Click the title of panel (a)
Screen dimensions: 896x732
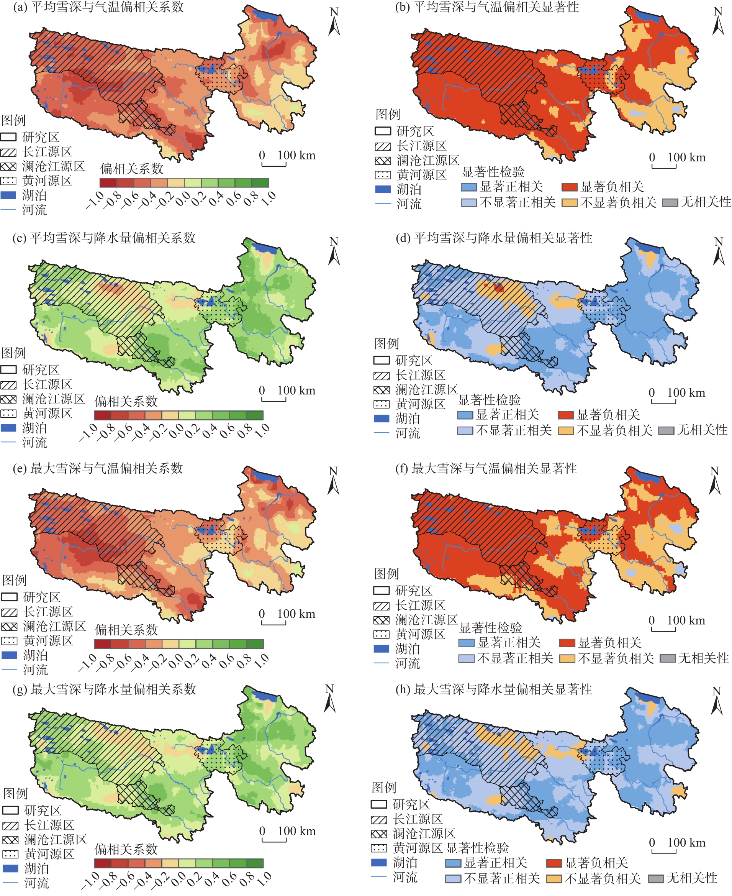[98, 7]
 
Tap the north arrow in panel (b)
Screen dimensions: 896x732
[718, 21]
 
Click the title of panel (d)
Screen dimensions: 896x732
[494, 238]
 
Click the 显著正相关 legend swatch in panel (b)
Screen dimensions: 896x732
[468, 187]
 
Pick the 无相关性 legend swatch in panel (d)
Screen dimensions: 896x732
[666, 431]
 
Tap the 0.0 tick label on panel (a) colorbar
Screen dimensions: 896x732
[183, 199]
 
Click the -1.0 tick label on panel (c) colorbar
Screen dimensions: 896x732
[88, 432]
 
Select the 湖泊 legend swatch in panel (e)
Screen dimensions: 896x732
[9, 655]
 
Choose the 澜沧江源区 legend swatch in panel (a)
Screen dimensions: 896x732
[8, 166]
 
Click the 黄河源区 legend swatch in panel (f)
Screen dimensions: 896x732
[381, 634]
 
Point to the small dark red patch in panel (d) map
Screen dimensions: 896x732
[499, 287]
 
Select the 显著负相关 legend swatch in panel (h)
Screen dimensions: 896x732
[554, 863]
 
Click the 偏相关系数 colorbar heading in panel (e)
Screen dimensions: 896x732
[126, 630]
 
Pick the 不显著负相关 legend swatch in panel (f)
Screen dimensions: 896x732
[567, 658]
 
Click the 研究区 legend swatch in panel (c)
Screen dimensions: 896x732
[8, 370]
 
